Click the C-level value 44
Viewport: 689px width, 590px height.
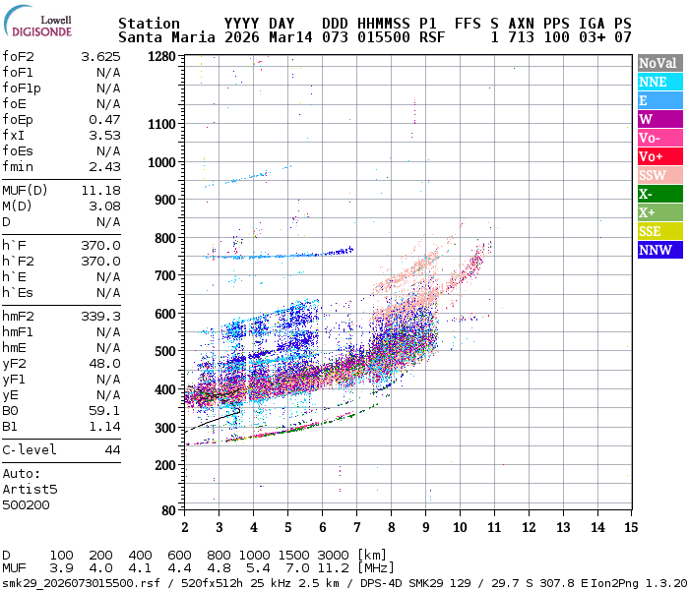click(112, 449)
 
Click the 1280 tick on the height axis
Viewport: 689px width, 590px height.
click(161, 57)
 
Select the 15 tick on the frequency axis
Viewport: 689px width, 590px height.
click(630, 527)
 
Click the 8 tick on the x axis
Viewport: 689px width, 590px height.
click(391, 527)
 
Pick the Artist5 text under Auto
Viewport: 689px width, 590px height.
click(30, 489)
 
